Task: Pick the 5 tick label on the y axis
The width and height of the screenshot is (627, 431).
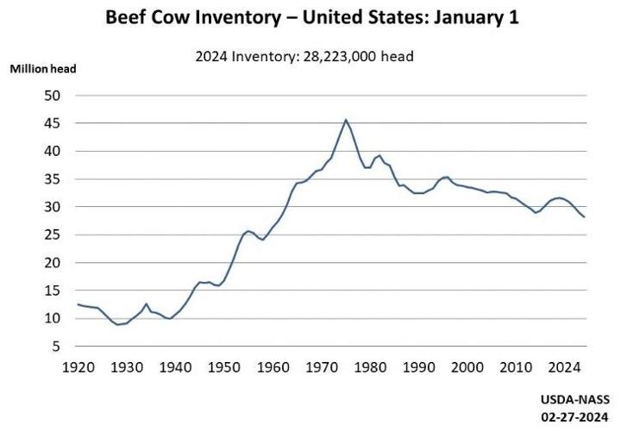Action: click(x=56, y=347)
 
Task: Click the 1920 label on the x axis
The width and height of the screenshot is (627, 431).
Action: click(x=78, y=367)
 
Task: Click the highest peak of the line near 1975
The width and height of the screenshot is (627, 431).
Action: click(x=346, y=120)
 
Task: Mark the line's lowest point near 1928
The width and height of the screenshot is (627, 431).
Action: click(x=118, y=324)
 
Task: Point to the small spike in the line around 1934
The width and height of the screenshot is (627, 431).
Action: click(x=147, y=303)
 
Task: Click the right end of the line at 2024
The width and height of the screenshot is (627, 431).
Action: click(x=584, y=217)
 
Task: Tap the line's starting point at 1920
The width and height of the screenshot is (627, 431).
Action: click(x=78, y=304)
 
